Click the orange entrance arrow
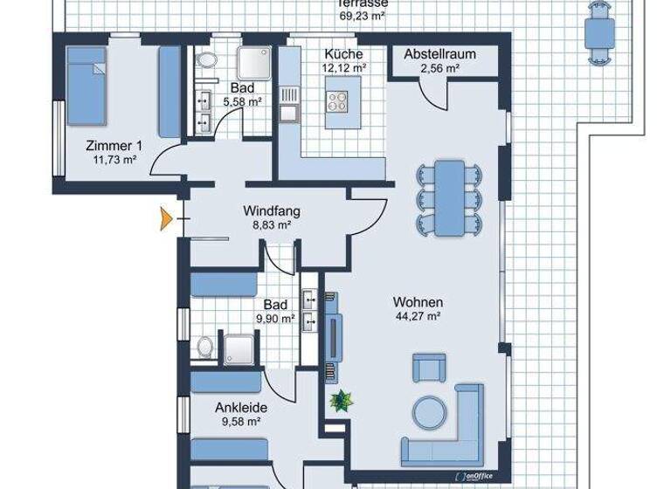click(x=166, y=218)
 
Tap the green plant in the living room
click(x=342, y=401)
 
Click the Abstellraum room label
click(x=439, y=54)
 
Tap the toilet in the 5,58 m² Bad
click(x=207, y=59)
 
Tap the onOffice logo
click(x=474, y=476)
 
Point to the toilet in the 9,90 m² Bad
click(x=206, y=347)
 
